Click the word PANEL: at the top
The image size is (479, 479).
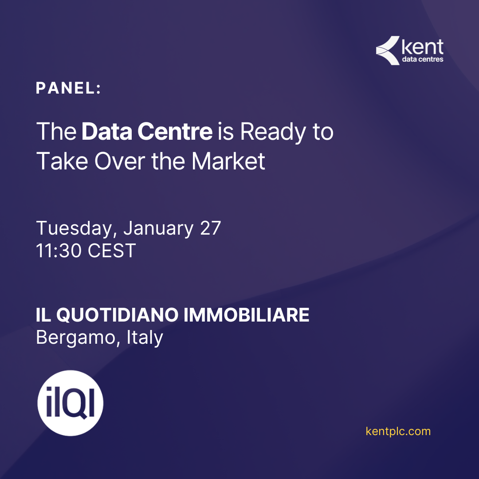(x=68, y=88)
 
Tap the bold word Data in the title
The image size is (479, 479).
(x=107, y=131)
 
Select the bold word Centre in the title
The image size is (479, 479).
(x=175, y=131)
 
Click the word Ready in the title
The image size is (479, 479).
(x=273, y=133)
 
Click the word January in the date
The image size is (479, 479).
(x=158, y=228)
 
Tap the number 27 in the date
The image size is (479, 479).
(x=211, y=228)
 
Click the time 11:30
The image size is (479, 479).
(x=59, y=251)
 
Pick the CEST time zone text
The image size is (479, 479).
(x=112, y=251)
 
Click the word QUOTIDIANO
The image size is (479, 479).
(x=117, y=315)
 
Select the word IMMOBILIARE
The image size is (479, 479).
(x=246, y=315)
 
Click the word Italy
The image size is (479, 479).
(x=145, y=338)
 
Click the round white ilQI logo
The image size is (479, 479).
(x=70, y=403)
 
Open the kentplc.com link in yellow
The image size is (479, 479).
(x=398, y=432)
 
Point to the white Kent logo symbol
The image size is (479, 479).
(x=388, y=51)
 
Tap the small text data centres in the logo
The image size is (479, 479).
(x=423, y=59)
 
